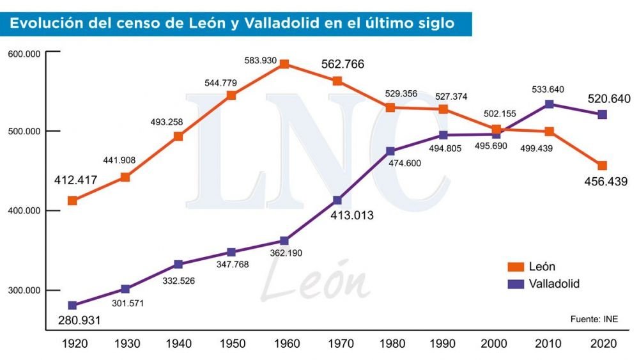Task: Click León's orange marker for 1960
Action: tap(284, 64)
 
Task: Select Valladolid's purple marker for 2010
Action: tap(549, 104)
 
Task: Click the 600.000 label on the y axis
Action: tap(24, 54)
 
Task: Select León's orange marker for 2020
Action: tap(602, 166)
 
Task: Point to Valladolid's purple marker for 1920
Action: tap(72, 306)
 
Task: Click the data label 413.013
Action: tap(351, 215)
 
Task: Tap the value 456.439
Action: tap(606, 182)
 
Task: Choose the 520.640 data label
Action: tap(609, 98)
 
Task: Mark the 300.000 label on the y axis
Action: tap(24, 290)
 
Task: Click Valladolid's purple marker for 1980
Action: tap(390, 152)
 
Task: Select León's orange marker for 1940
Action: tap(178, 136)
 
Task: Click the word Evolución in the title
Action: tap(40, 24)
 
